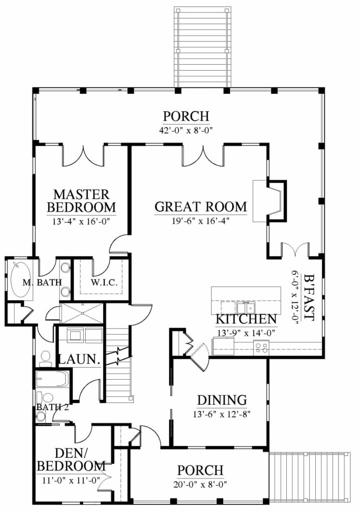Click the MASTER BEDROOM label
tap(81, 201)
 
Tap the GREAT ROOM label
tap(201, 207)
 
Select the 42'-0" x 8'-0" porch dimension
tap(186, 131)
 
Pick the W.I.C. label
tap(104, 283)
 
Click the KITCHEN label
tap(246, 319)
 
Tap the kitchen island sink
tap(246, 308)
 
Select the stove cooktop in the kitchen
tap(261, 347)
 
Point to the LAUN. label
tap(79, 359)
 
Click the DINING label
tap(222, 400)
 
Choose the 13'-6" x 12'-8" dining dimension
tap(222, 414)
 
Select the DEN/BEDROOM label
tap(71, 459)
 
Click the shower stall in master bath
tap(82, 314)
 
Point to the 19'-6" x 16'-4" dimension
tap(200, 221)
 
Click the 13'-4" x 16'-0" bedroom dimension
tap(81, 221)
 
